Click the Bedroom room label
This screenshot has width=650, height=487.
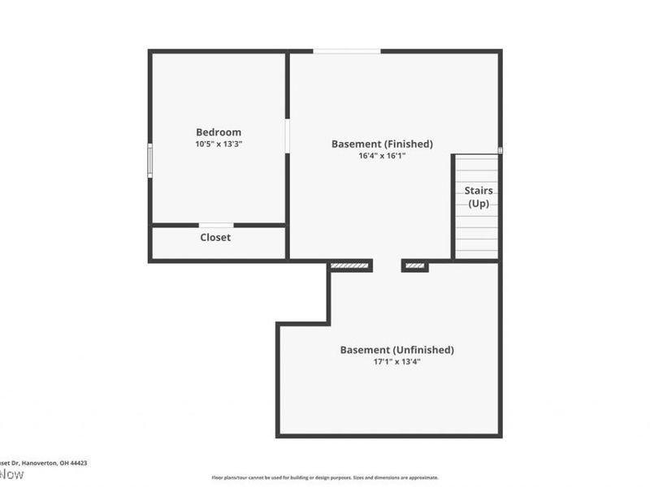coord(219,132)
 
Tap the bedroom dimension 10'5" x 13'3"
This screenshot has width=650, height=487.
coord(219,144)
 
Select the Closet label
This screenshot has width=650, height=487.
coord(215,238)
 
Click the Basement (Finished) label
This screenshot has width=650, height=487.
coord(382,144)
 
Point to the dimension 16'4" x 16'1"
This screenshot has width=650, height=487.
coord(382,156)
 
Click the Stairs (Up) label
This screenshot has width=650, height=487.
coord(479,197)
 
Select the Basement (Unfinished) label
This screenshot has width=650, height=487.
coord(396,350)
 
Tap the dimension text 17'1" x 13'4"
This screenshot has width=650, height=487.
coord(396,362)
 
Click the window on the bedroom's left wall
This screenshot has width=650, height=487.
coord(149,160)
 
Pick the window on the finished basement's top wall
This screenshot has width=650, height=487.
coord(347,51)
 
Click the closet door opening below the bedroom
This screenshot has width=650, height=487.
coord(216,225)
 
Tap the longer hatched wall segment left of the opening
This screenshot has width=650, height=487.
coord(350,265)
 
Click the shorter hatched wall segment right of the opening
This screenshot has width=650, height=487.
coord(415,265)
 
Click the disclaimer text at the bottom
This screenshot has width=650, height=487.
coord(325,478)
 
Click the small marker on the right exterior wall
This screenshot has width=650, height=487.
coord(500,149)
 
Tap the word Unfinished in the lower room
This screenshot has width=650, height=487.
coord(423,350)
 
